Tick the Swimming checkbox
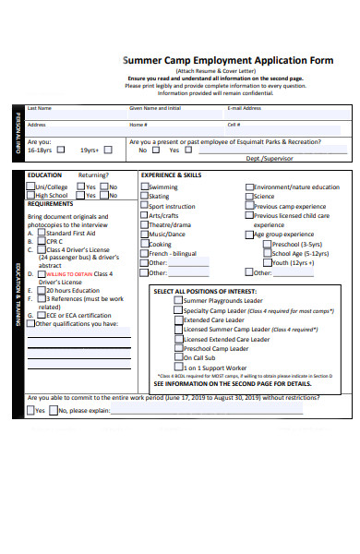pyautogui.click(x=144, y=187)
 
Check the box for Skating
pyautogui.click(x=144, y=197)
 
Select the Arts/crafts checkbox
pyautogui.click(x=144, y=215)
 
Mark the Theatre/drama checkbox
pyautogui.click(x=144, y=224)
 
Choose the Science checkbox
pyautogui.click(x=249, y=197)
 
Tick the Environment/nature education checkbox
pyautogui.click(x=249, y=187)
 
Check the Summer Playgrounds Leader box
pyautogui.click(x=179, y=301)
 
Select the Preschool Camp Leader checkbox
pyautogui.click(x=179, y=348)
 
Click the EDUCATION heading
pyautogui.click(x=44, y=175)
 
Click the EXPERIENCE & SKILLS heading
pyautogui.click(x=171, y=175)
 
